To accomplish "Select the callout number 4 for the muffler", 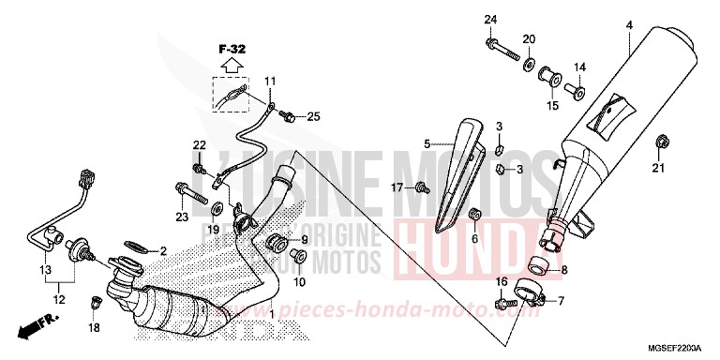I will click(x=630, y=24).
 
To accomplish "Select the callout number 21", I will click(x=658, y=169).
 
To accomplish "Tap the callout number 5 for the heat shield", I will click(x=427, y=144).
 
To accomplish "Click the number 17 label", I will click(x=397, y=187).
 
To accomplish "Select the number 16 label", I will click(x=502, y=281).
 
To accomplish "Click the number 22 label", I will click(x=199, y=144).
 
